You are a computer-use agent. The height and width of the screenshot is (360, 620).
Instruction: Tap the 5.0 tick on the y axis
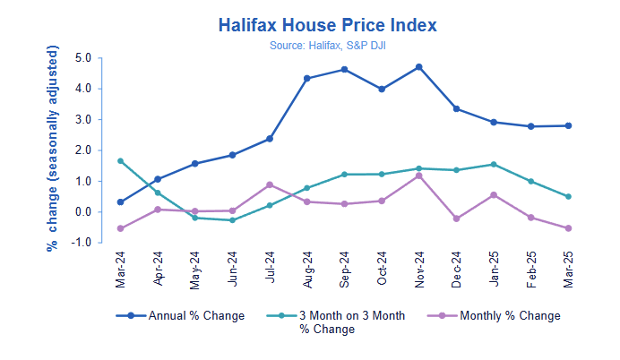click(x=82, y=58)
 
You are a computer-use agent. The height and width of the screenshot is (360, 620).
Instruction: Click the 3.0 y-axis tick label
click(x=82, y=120)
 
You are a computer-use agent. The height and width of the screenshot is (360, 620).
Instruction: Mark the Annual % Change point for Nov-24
click(x=419, y=67)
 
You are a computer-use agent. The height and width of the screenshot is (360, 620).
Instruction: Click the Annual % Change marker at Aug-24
click(x=307, y=79)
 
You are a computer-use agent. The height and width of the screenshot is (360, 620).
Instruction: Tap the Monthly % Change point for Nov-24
click(x=419, y=176)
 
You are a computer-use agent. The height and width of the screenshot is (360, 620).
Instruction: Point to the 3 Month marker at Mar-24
click(x=120, y=161)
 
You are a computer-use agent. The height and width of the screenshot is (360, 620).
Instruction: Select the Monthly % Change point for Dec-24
click(x=457, y=219)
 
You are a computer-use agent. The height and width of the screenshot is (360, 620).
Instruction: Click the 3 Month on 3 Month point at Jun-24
click(x=232, y=220)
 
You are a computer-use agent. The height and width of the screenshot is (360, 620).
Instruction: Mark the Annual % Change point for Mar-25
click(x=568, y=125)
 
